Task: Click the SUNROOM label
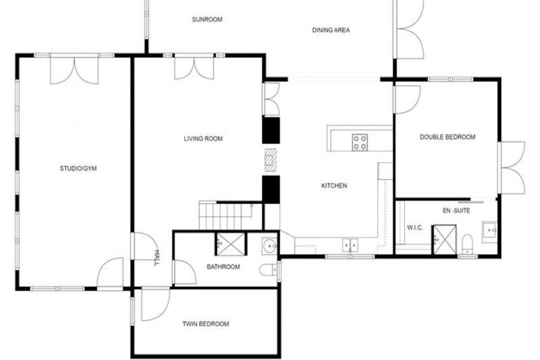click(207, 20)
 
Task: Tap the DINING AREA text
click(331, 31)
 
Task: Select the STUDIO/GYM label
click(78, 168)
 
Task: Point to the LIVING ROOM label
click(203, 139)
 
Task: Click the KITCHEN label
click(334, 185)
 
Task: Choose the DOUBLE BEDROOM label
click(448, 137)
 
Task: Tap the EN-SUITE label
click(457, 210)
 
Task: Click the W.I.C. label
click(415, 227)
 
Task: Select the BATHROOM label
click(223, 267)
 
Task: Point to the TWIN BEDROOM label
click(206, 324)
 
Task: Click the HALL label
click(157, 257)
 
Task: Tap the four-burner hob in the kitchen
click(360, 142)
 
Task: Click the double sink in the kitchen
click(350, 245)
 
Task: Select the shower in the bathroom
click(231, 244)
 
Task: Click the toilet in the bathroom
click(269, 270)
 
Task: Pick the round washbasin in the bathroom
click(269, 246)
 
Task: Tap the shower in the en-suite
click(444, 240)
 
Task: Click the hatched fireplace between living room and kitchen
click(271, 160)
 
